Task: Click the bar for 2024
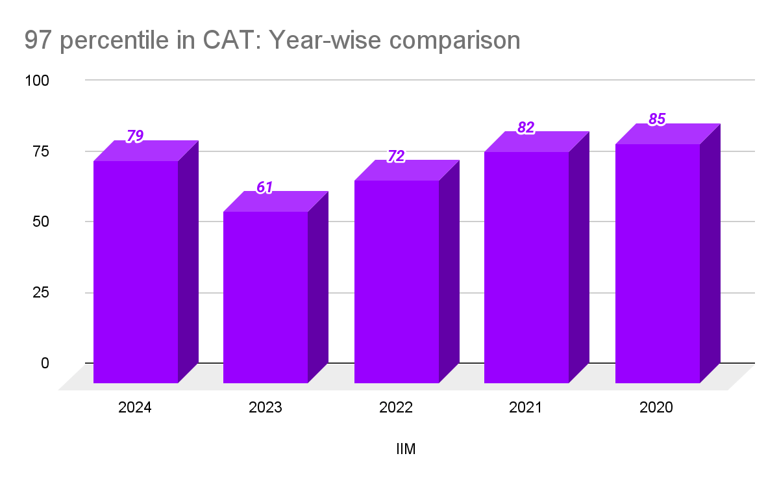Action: point(136,272)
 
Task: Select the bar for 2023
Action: point(266,297)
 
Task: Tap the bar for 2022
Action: point(397,281)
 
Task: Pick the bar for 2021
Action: point(526,267)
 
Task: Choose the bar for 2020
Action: point(657,263)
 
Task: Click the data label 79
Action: point(135,136)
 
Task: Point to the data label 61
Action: point(264,188)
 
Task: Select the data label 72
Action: point(396,156)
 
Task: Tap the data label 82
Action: point(526,128)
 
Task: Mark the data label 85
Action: point(657,120)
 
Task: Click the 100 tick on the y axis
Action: point(37,81)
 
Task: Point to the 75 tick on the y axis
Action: point(40,151)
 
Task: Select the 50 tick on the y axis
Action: point(40,222)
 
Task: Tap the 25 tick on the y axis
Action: point(40,292)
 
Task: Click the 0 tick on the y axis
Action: point(45,362)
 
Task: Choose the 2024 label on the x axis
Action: point(135,409)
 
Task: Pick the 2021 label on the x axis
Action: point(526,409)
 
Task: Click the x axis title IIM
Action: point(406,449)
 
